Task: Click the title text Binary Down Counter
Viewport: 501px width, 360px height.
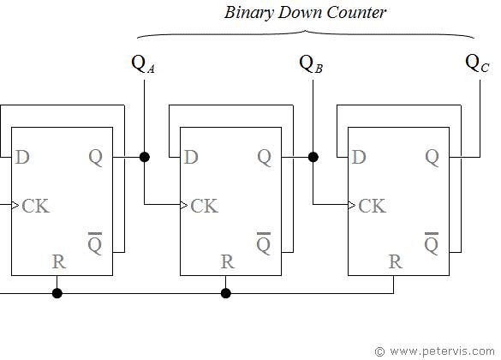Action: pos(306,13)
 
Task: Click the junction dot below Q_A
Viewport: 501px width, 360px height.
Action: pos(145,157)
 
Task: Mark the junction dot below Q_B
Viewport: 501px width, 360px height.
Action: pos(313,157)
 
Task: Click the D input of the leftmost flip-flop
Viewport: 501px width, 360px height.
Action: pos(23,157)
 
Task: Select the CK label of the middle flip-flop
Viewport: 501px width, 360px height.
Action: pos(204,206)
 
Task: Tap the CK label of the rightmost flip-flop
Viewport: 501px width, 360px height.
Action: pos(372,206)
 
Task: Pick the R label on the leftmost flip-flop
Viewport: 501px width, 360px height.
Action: pos(58,261)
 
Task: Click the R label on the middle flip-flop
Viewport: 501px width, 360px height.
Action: pos(226,261)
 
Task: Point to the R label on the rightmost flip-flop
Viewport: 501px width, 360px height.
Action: pos(394,261)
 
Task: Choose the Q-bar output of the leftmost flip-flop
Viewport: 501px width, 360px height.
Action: pos(96,243)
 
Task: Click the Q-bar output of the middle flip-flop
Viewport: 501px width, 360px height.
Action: pos(264,243)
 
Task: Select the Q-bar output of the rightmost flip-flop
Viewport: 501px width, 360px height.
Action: pos(432,243)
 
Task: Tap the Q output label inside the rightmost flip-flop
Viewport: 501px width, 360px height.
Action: pos(432,157)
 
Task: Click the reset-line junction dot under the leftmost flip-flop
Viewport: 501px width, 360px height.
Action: pos(57,293)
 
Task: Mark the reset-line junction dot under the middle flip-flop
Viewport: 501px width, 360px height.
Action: pos(226,293)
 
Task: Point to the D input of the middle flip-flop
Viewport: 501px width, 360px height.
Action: pos(191,157)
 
